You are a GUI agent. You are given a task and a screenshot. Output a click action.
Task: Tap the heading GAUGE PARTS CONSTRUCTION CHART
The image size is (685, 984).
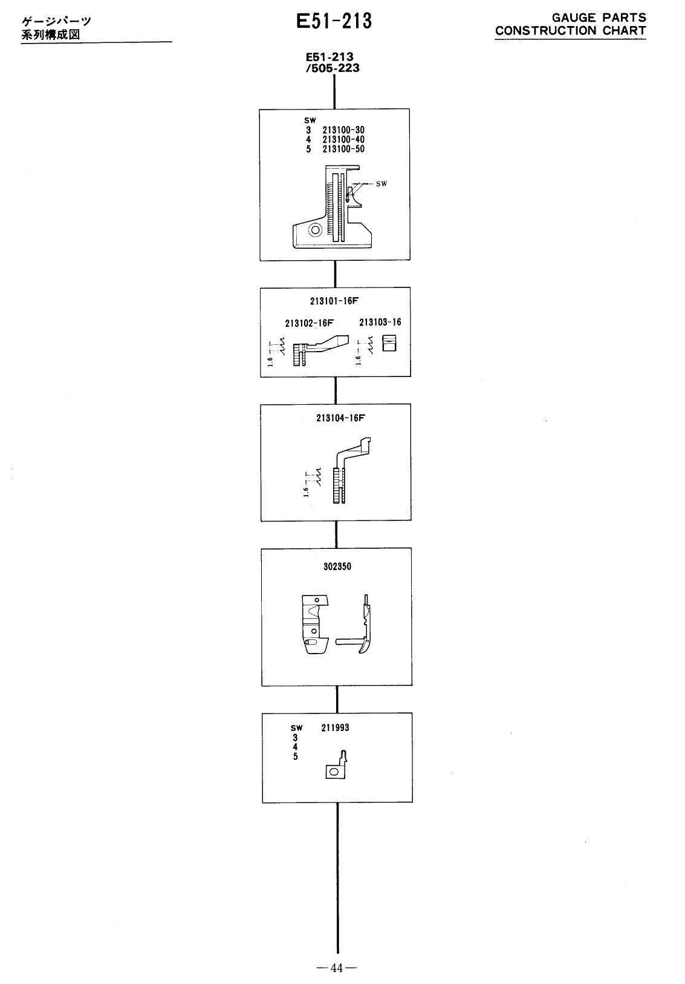[570, 25]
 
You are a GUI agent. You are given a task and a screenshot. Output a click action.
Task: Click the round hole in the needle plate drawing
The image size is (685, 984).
[314, 229]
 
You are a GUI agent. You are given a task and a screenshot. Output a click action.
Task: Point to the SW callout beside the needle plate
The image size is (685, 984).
[381, 183]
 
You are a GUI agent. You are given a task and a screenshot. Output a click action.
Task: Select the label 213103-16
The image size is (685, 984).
[380, 322]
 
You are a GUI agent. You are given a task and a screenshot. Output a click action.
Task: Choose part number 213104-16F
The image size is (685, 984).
[340, 418]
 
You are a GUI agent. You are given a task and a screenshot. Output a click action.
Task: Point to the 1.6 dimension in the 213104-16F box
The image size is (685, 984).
[307, 491]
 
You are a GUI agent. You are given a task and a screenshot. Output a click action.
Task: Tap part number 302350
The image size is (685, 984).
[337, 567]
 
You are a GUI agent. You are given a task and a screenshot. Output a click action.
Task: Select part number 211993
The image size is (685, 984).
[335, 727]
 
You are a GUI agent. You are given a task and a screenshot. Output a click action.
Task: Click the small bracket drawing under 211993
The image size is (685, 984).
[336, 766]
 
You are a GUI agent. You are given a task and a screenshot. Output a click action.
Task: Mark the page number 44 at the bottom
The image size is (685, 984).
[337, 968]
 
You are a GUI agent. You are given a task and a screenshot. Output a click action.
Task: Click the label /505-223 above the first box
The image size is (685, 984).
[333, 68]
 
